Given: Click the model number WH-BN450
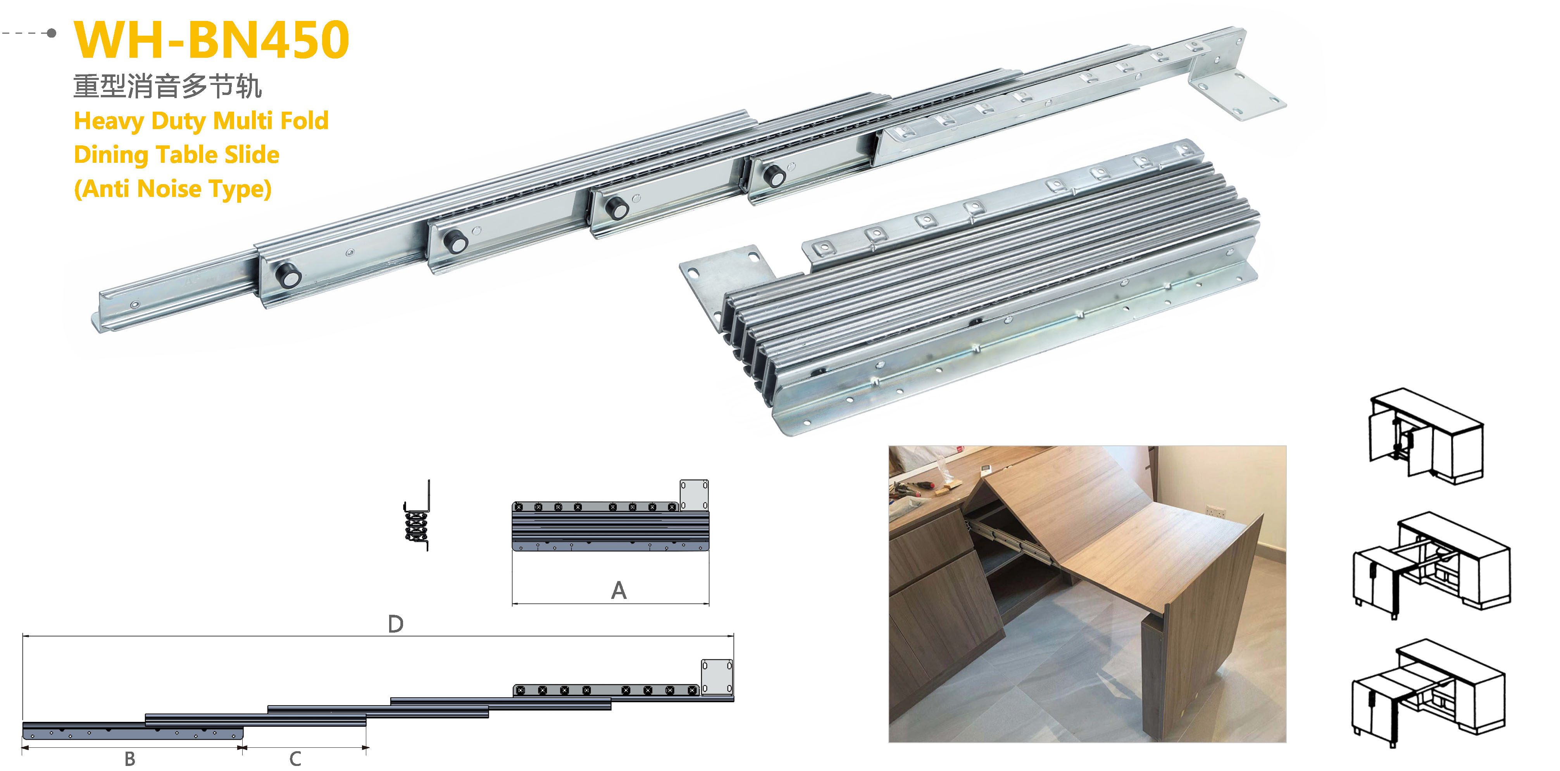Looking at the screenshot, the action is point(211,40).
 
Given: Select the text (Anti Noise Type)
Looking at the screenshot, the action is point(172,189).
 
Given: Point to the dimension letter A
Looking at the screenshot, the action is point(618,590).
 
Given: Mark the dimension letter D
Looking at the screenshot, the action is point(395,624).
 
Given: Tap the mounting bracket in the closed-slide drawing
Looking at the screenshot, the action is point(694,495).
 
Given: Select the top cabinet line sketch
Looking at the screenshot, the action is point(1426,436).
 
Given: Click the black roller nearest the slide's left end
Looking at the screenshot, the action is point(288,276).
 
